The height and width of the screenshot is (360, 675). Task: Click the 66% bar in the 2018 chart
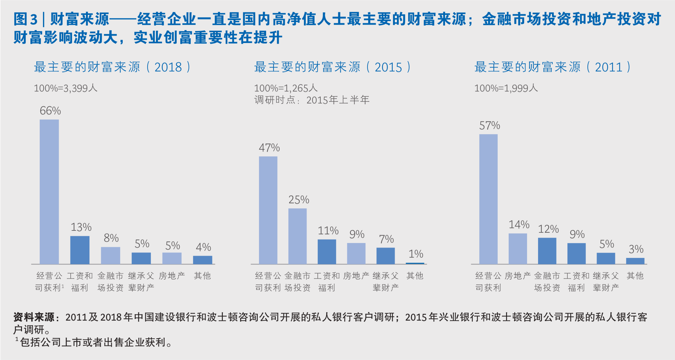[x=49, y=192]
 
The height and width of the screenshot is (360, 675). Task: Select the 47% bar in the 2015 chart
[x=268, y=210]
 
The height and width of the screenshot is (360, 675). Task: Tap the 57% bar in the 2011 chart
[x=488, y=199]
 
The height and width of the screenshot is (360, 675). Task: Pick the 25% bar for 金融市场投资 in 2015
[x=297, y=236]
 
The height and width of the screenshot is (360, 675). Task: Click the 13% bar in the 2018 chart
[x=80, y=250]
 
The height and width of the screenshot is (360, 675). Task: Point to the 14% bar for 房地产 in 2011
[x=518, y=249]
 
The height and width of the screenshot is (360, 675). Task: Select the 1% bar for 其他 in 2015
[x=415, y=263]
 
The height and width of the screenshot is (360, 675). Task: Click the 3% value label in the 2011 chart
[x=636, y=249]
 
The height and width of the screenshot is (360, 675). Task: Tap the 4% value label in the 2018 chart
[x=203, y=247]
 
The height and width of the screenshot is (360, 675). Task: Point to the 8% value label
[x=111, y=238]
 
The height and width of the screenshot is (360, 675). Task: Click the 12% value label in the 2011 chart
[x=548, y=229]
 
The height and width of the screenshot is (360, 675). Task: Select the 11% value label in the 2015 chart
[x=328, y=231]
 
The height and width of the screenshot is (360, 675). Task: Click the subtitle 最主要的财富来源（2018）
[x=112, y=67]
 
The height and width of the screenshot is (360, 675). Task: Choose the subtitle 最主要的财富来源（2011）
[x=553, y=67]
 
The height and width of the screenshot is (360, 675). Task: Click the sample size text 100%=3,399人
[x=66, y=88]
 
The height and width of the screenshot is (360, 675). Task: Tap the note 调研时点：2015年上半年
[x=312, y=100]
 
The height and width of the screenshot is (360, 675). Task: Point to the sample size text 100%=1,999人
[x=506, y=88]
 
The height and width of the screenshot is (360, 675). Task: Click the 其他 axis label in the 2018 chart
[x=202, y=276]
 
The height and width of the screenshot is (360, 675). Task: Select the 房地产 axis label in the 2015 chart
[x=356, y=276]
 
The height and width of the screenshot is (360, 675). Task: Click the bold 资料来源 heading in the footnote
[x=34, y=317]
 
